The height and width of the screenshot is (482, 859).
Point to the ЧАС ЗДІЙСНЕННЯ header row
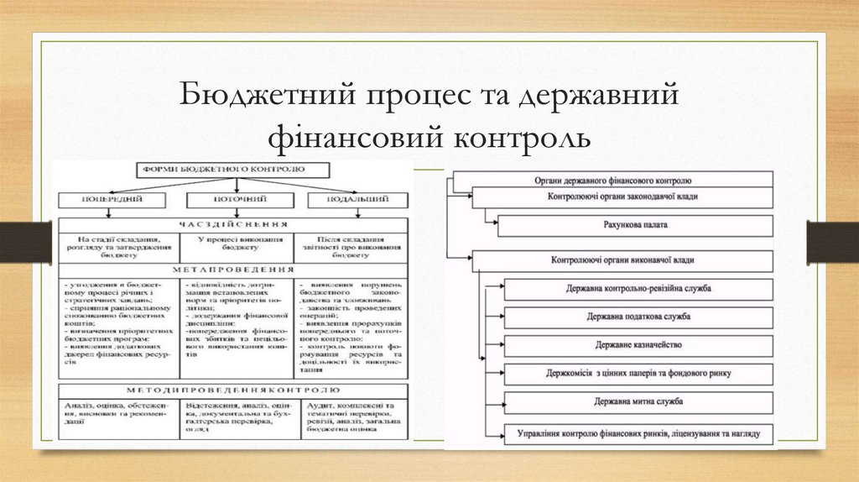[236, 225]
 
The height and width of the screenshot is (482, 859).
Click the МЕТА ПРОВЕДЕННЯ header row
[236, 270]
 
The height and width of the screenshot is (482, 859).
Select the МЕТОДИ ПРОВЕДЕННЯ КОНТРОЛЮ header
[236, 390]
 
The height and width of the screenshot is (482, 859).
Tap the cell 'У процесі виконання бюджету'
[234, 244]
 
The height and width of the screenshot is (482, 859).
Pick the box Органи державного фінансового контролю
[612, 180]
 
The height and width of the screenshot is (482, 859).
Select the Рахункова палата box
[635, 226]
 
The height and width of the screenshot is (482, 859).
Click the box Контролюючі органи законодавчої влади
[622, 197]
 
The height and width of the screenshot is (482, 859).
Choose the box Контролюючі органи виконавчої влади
[622, 260]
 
